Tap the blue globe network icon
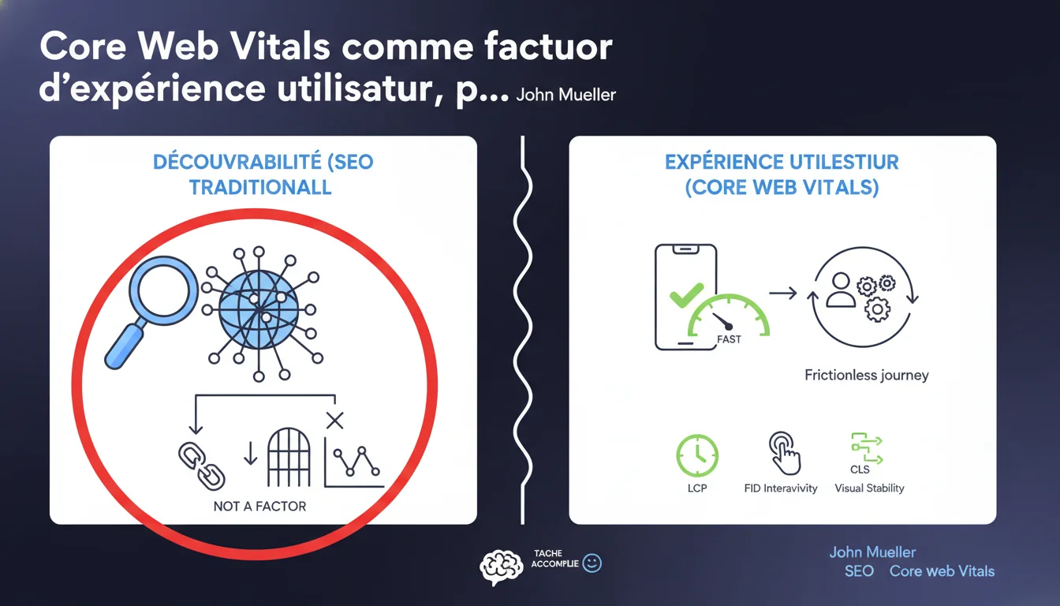[259, 310]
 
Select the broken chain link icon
[202, 466]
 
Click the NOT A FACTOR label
[259, 506]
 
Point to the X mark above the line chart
[334, 421]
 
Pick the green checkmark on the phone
[686, 295]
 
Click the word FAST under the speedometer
[729, 339]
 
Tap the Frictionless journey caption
[867, 375]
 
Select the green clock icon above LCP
[697, 455]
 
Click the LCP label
[697, 488]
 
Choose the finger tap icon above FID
[784, 453]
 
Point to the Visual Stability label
[869, 488]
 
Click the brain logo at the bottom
[501, 567]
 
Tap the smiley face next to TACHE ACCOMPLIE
[592, 563]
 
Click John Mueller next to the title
[566, 95]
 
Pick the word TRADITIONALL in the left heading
[260, 188]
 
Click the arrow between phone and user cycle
[783, 293]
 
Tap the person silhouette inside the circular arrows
[841, 290]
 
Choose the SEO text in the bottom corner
[860, 571]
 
